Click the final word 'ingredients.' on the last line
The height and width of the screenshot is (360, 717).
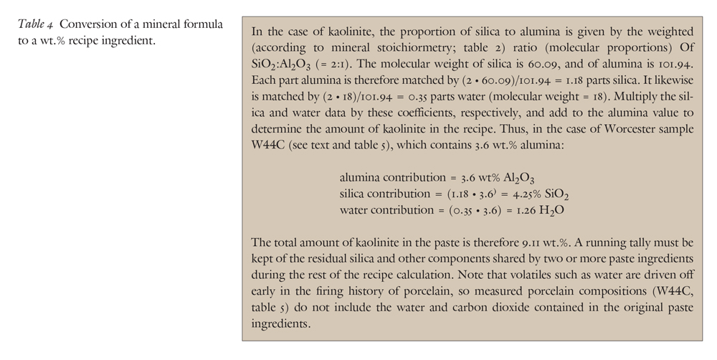[x=282, y=323]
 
